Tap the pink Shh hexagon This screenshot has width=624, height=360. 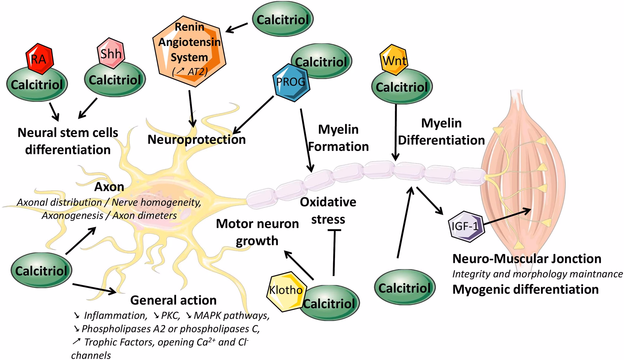(110, 53)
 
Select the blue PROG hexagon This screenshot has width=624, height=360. (291, 82)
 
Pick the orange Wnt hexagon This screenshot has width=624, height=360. (394, 60)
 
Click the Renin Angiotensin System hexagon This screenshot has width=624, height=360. (189, 50)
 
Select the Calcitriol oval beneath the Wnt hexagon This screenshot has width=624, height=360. (402, 87)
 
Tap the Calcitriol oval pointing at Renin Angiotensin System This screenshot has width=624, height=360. (282, 19)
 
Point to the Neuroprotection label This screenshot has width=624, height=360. (197, 139)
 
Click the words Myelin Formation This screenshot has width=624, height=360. (338, 138)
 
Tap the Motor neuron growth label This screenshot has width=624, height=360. (257, 232)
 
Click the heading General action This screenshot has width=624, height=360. (173, 300)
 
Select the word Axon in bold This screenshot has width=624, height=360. (109, 187)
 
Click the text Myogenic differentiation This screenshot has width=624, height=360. (525, 289)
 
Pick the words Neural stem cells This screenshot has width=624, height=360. (68, 133)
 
